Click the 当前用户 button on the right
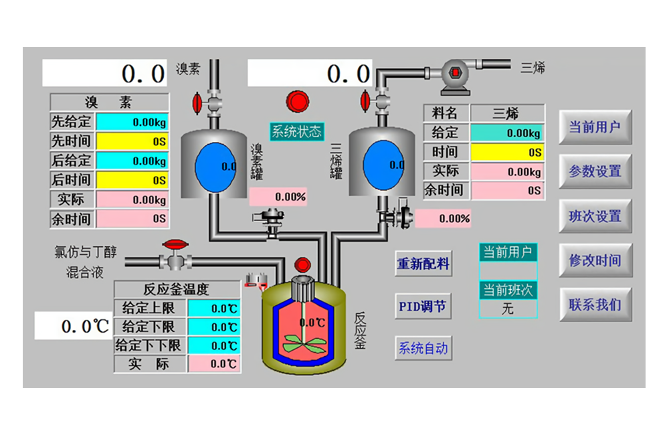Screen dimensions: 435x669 coord(595,127)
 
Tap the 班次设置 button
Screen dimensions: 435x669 coord(595,216)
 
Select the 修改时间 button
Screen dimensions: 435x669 coord(595,260)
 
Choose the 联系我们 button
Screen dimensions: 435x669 coord(595,305)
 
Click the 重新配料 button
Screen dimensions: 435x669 coord(423,264)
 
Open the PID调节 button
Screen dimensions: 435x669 coord(423,307)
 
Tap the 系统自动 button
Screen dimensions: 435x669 coord(423,349)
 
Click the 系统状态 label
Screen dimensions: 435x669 coord(296,131)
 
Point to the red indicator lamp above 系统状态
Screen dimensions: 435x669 coord(298,102)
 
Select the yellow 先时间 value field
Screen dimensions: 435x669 coord(132,141)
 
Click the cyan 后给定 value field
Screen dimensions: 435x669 coord(132,161)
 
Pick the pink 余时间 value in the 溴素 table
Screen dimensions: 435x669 coord(132,219)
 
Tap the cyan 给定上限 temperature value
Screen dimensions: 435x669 coord(214,309)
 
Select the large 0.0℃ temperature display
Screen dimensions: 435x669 coord(74,326)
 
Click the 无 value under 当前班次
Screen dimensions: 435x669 coord(508,309)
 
